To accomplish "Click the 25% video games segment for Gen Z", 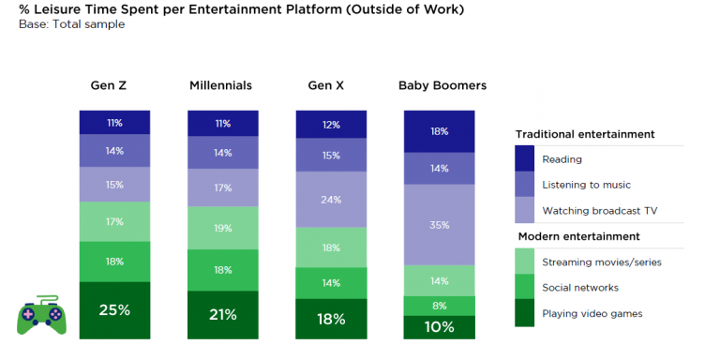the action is click(114, 310).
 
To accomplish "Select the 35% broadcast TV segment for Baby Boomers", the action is click(440, 225).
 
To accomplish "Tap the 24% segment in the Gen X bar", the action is click(331, 200).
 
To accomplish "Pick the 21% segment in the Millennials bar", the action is click(223, 315).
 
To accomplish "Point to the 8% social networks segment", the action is click(440, 306).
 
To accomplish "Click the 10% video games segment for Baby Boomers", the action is click(440, 327).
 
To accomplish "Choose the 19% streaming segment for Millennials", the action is click(223, 228).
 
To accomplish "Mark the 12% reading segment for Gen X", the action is click(331, 125).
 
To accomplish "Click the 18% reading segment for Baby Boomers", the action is click(440, 131).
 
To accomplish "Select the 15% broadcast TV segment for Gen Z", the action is click(114, 185).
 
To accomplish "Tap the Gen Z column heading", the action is click(109, 86).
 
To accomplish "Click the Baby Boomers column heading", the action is click(442, 86).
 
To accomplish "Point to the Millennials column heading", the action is click(221, 86).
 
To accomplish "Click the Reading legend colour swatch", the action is click(524, 158).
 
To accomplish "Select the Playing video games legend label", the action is click(592, 314).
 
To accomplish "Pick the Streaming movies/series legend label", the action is click(602, 262).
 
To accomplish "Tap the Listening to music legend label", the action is click(586, 185).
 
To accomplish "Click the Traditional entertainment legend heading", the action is click(585, 135).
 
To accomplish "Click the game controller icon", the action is click(41, 315).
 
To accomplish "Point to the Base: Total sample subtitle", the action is click(71, 24).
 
